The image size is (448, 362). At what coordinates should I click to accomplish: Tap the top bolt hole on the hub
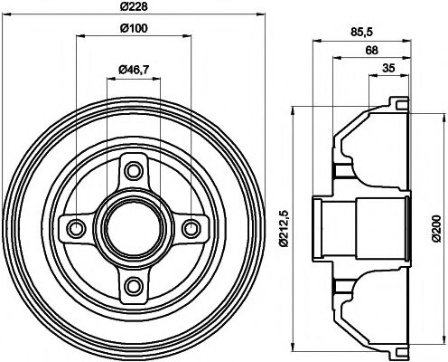point(134,169)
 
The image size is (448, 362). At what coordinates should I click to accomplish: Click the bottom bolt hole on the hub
point(134,286)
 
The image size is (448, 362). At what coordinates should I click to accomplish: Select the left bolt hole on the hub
point(76,227)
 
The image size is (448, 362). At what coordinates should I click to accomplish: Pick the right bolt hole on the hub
point(191,227)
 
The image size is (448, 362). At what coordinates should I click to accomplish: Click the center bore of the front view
point(134,227)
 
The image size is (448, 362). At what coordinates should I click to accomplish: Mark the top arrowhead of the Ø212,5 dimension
point(294,114)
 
